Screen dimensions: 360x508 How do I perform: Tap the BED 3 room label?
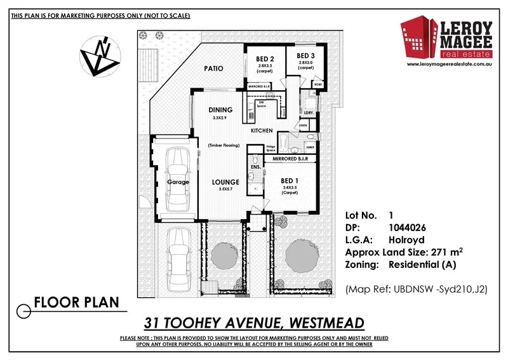click(306, 55)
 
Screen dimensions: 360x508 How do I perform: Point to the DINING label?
click(220, 110)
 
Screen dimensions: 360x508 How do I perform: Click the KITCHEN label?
click(262, 130)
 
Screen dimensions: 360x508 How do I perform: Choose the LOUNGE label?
click(225, 182)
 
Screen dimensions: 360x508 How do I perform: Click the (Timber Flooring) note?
click(224, 145)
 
